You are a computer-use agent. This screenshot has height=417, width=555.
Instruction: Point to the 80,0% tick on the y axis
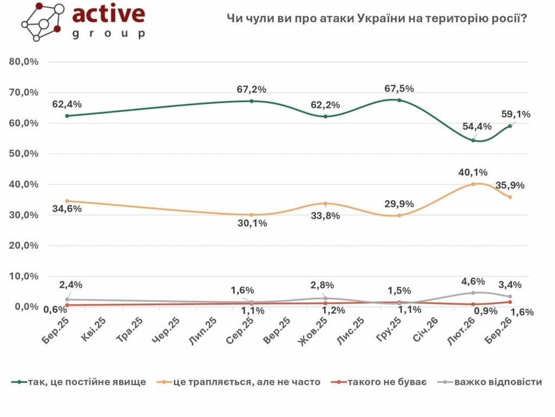pyautogui.click(x=24, y=62)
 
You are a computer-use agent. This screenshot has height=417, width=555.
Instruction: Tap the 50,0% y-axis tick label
pyautogui.click(x=24, y=154)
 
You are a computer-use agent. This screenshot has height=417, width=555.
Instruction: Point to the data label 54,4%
pyautogui.click(x=477, y=127)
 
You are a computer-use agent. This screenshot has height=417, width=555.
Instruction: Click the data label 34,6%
pyautogui.click(x=67, y=208)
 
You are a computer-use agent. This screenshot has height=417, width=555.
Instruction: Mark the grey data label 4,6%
pyautogui.click(x=472, y=281)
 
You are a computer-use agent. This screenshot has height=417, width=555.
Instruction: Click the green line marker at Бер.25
pyautogui.click(x=67, y=116)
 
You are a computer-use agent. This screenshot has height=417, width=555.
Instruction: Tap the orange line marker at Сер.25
pyautogui.click(x=251, y=215)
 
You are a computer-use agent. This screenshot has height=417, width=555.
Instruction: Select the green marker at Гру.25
pyautogui.click(x=399, y=100)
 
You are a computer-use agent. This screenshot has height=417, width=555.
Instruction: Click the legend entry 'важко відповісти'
pyautogui.click(x=498, y=382)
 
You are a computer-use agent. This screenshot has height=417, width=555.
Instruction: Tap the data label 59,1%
pyautogui.click(x=515, y=115)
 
